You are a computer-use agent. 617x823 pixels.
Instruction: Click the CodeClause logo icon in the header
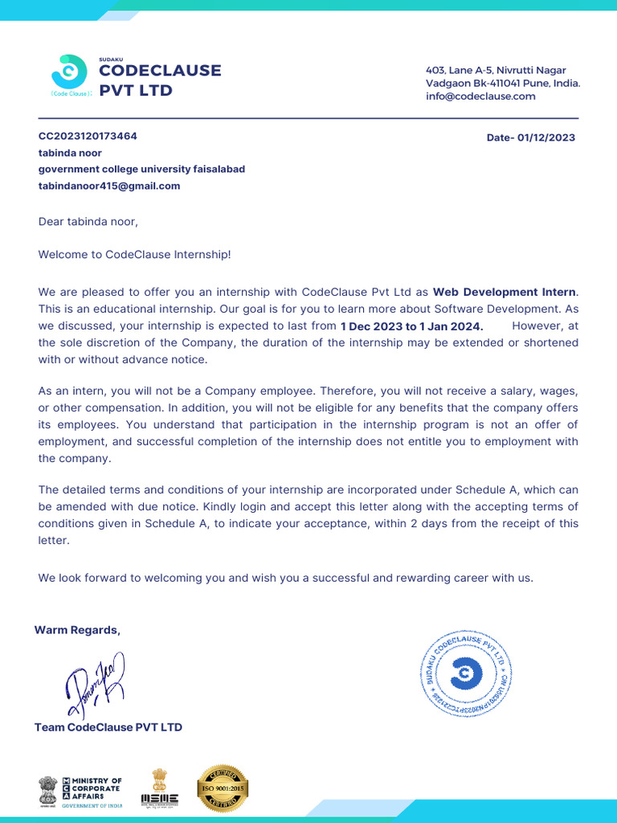(69, 72)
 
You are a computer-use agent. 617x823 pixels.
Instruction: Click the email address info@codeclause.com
(480, 96)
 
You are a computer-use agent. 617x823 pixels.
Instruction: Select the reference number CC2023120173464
(88, 136)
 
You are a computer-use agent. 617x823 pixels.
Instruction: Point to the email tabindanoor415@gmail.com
(109, 186)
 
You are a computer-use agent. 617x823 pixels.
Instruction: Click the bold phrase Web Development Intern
(505, 292)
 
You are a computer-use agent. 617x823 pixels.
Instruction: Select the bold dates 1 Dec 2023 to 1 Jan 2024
(411, 326)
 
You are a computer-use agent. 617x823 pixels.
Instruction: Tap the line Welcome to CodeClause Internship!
(134, 255)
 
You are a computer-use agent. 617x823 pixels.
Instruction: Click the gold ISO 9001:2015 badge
(223, 788)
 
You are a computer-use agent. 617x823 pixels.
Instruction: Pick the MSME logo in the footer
(160, 788)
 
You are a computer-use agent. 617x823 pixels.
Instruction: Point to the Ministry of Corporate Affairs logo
(80, 791)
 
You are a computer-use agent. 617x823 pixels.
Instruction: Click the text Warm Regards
(77, 629)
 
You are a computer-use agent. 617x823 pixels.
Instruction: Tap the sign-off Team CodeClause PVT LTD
(108, 727)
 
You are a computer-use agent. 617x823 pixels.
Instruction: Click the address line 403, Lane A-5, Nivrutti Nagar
(495, 71)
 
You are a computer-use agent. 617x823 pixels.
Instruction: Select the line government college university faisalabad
(141, 169)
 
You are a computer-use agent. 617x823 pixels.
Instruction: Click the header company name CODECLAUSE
(160, 71)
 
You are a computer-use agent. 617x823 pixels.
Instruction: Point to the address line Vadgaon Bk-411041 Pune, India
(503, 84)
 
